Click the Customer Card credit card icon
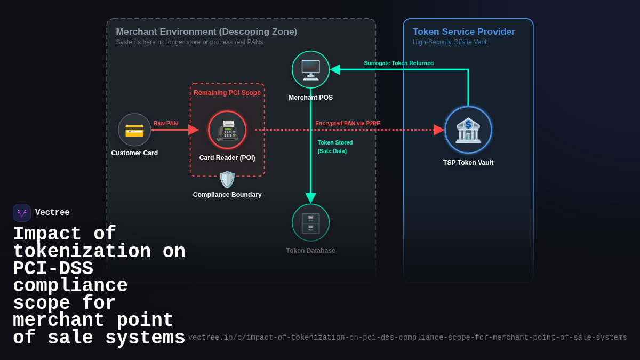click(134, 130)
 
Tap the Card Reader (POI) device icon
click(227, 130)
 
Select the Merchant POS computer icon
click(310, 70)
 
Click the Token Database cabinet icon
click(310, 223)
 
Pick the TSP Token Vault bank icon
click(468, 130)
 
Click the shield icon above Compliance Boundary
click(227, 180)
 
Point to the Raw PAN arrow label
click(165, 123)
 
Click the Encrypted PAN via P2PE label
click(348, 123)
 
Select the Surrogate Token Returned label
click(398, 63)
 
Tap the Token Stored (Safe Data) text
click(335, 147)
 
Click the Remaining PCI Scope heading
click(227, 93)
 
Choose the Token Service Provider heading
click(463, 32)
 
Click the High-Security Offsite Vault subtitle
click(450, 42)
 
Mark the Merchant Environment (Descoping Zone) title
click(206, 32)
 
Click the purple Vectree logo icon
click(22, 213)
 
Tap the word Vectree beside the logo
click(52, 213)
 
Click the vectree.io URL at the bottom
click(407, 338)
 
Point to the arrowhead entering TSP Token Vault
click(439, 130)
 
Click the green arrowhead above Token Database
click(310, 198)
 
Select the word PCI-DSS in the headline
click(53, 269)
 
